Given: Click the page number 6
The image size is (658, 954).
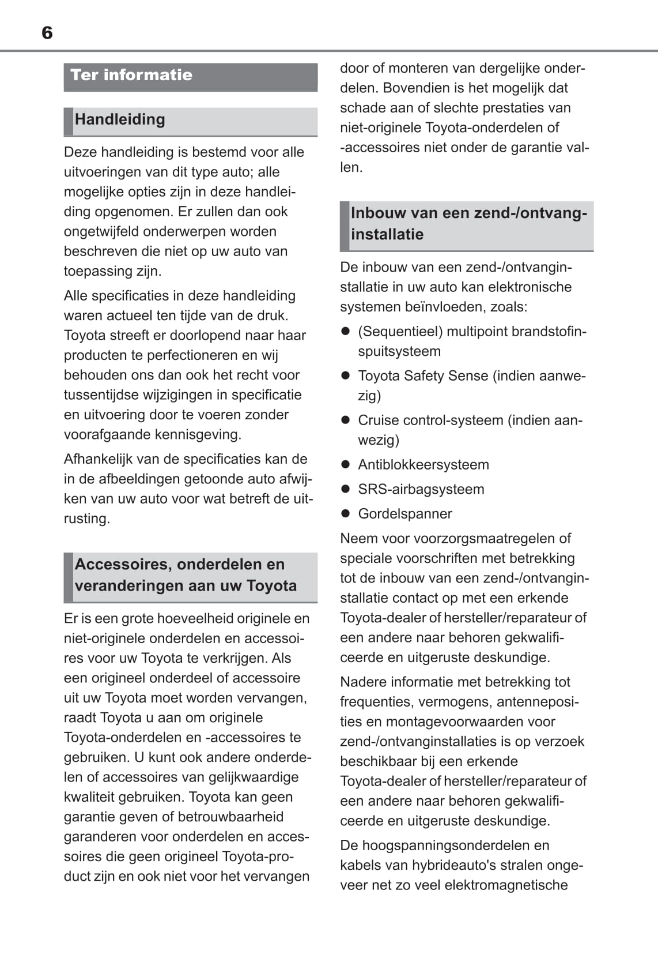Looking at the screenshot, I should click(47, 33).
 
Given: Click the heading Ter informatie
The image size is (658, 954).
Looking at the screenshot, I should click(131, 75).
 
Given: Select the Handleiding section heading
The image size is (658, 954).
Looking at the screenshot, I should click(120, 119).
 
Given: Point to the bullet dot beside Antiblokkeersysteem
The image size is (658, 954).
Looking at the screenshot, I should click(346, 464).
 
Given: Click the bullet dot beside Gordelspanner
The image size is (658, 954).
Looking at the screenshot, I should click(346, 513).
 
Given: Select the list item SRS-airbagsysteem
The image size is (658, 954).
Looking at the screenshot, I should click(421, 489).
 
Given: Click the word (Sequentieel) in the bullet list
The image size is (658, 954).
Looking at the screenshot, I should click(400, 332).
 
